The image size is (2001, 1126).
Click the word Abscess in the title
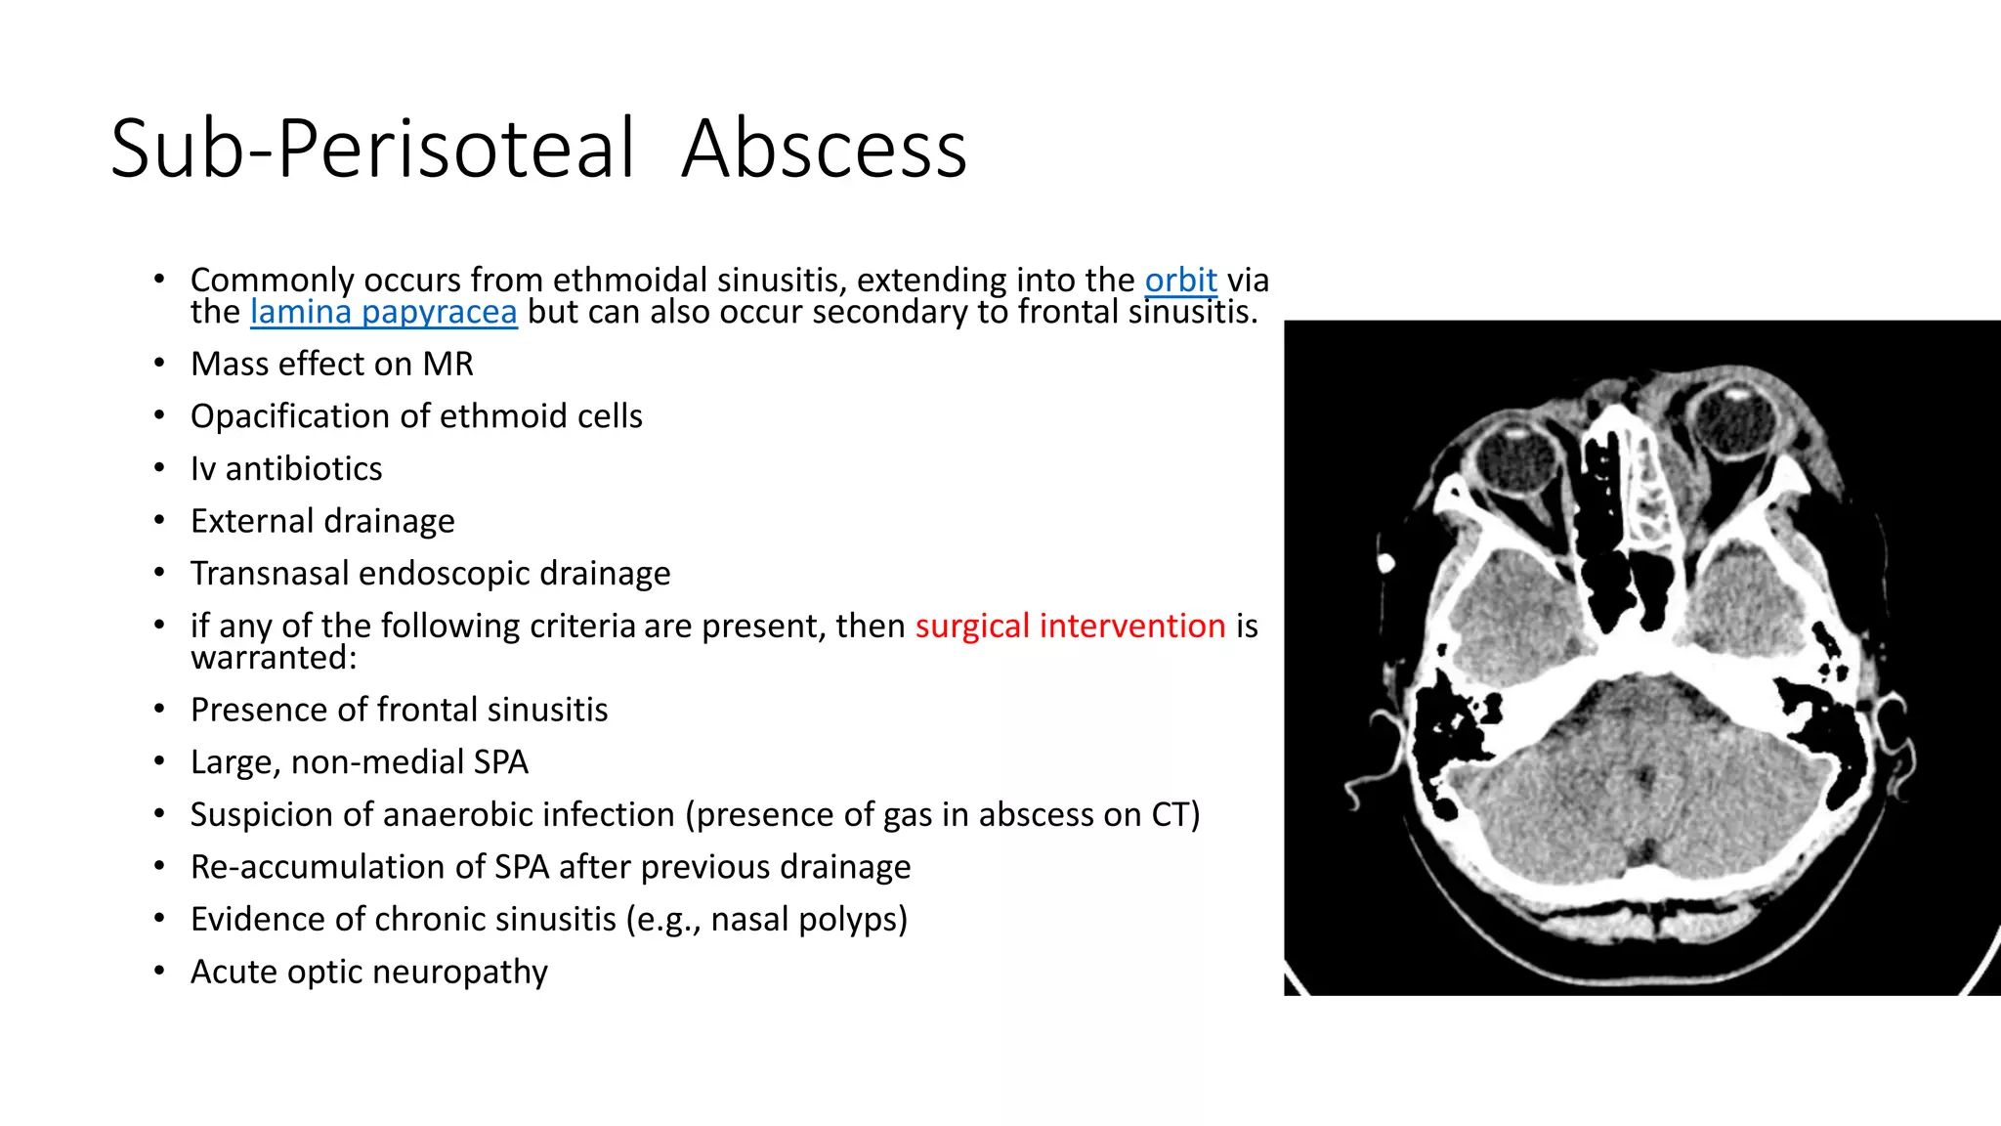click(x=824, y=149)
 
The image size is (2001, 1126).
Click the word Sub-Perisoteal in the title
click(x=372, y=149)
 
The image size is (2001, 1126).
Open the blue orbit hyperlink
click(x=1180, y=281)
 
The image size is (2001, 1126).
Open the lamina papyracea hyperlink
click(x=383, y=312)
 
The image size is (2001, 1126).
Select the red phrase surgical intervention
click(x=1070, y=626)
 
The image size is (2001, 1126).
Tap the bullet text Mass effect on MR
click(x=331, y=364)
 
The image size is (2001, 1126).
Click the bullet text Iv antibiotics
click(x=286, y=469)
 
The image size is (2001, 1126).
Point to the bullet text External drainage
click(x=322, y=521)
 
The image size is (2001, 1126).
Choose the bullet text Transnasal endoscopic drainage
click(x=430, y=574)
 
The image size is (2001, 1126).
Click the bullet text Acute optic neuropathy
click(x=368, y=972)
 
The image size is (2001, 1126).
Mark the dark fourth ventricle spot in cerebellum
click(x=1645, y=778)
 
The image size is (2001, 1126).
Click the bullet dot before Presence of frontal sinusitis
click(x=159, y=709)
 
